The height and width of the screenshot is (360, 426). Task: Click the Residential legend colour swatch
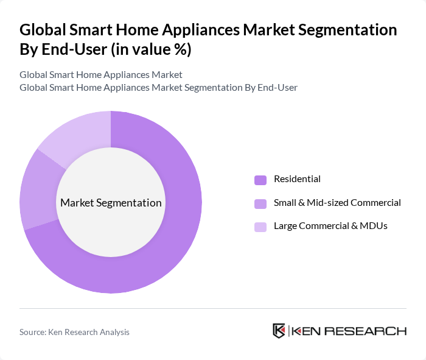(x=260, y=180)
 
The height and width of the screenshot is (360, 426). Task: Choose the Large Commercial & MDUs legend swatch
(x=260, y=227)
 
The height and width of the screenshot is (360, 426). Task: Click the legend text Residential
(x=297, y=179)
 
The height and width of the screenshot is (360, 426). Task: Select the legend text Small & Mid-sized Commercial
(x=337, y=203)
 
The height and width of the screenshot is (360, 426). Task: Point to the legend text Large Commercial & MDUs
(x=330, y=226)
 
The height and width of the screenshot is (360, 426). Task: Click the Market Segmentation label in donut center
(x=111, y=203)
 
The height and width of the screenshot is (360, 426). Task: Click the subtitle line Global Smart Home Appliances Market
(x=101, y=75)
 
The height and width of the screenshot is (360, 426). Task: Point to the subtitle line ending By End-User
(x=158, y=87)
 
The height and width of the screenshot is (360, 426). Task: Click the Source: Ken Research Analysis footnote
(x=74, y=332)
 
